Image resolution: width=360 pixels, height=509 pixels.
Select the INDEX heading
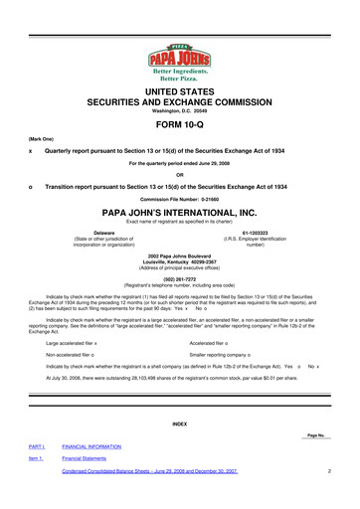pyautogui.click(x=180, y=424)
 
